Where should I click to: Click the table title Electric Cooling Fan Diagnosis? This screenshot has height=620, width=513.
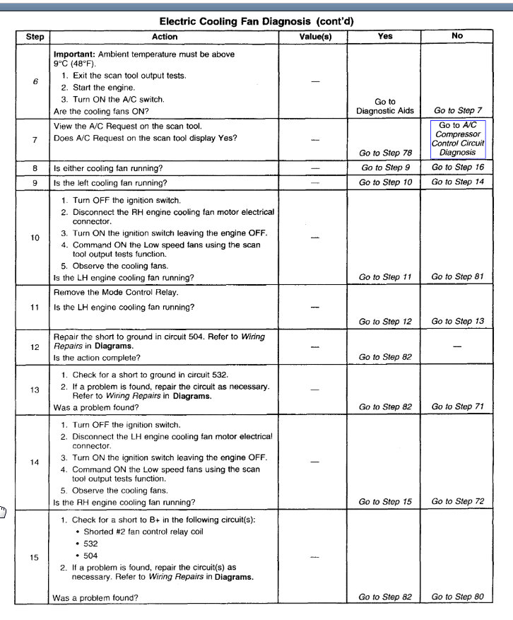pos(256,22)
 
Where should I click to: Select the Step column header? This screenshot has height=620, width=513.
pos(35,37)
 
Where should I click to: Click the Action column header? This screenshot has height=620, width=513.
pos(165,37)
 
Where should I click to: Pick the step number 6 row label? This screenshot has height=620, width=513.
pos(35,81)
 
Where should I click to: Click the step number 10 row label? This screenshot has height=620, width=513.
pos(35,238)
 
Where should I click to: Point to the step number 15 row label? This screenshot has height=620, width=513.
pos(35,557)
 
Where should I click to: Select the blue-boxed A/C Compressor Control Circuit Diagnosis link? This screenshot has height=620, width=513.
pos(458,139)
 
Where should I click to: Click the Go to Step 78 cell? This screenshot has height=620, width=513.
pos(385,153)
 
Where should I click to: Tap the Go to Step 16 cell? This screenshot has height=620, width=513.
pos(458,168)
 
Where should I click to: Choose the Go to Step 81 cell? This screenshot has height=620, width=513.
pos(458,277)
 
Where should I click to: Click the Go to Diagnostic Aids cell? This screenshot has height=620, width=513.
pos(385,106)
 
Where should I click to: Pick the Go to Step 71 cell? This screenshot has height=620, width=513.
pos(458,406)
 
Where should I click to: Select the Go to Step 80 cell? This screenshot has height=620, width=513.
pos(458,597)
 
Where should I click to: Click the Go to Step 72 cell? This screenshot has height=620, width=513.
pos(458,501)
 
